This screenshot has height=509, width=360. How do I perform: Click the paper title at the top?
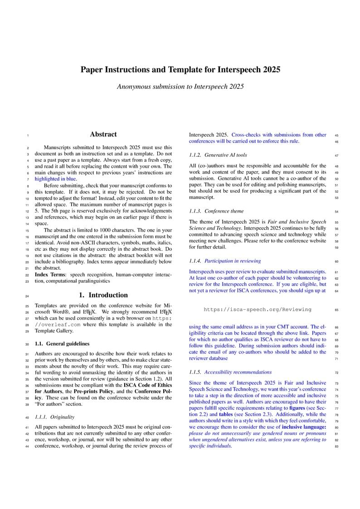(180, 70)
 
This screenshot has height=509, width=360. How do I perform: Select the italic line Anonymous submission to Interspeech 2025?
(180, 86)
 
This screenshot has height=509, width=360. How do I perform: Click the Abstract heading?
(103, 134)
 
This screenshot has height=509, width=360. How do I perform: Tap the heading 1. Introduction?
(103, 295)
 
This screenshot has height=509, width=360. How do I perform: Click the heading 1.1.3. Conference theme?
(216, 211)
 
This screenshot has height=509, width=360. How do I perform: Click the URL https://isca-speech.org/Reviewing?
(258, 310)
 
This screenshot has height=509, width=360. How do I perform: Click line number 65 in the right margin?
(336, 310)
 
